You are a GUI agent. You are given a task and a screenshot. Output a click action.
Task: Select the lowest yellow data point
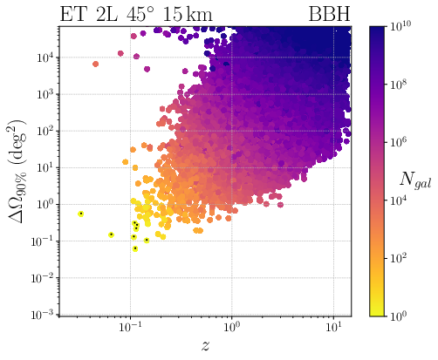pos(135,248)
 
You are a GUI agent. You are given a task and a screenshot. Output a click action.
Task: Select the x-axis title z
pos(205,345)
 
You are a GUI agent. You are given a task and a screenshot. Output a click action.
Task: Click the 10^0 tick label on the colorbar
pos(400,315)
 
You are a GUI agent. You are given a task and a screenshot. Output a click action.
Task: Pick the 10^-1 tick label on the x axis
pos(131,327)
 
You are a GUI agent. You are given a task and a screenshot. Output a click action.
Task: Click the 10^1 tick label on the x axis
pos(332,327)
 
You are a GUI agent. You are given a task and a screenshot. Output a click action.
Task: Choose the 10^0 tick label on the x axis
pos(232,327)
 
